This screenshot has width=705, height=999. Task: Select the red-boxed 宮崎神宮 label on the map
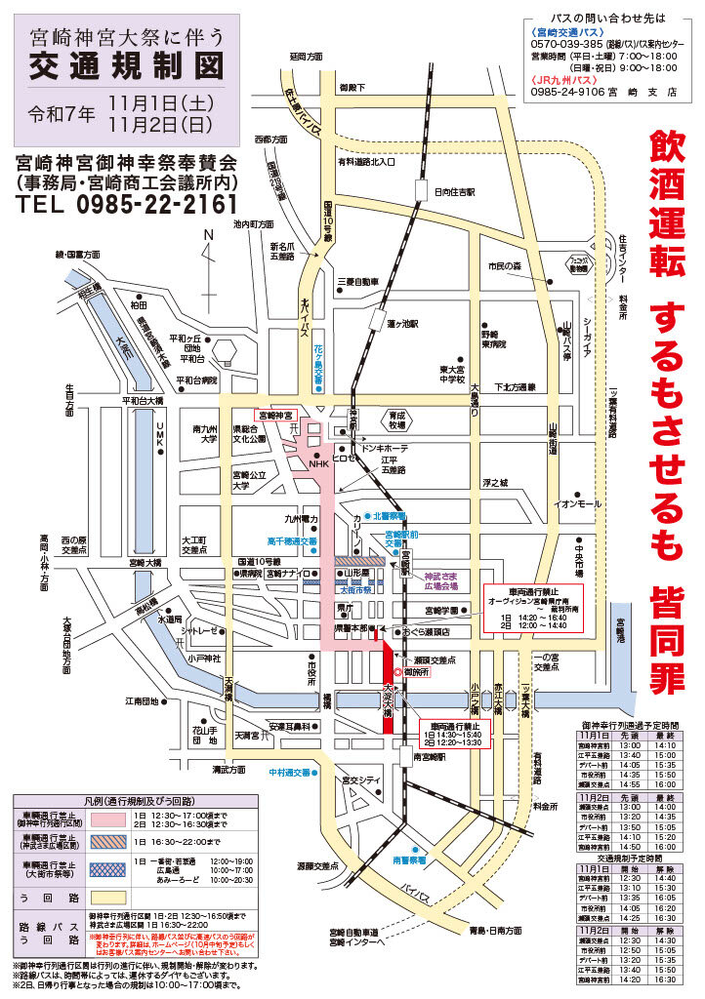pos(274,415)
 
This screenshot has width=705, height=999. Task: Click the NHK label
pos(319,463)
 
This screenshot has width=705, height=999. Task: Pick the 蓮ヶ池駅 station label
pos(401,323)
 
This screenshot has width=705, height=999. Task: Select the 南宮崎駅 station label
pos(431,757)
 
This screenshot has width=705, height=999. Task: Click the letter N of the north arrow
pos(207,234)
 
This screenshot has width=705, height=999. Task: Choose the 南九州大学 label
pos(204,433)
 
